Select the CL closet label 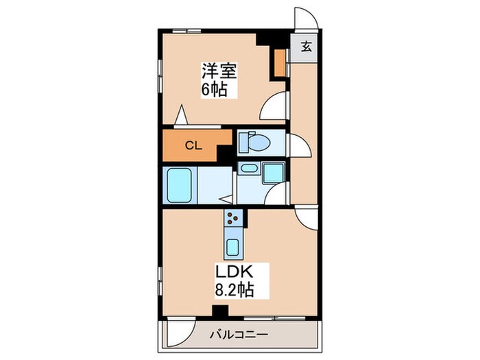(x=194, y=145)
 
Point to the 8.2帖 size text (x=235, y=290)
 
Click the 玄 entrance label (x=306, y=48)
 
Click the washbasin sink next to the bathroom (x=248, y=169)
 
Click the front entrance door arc (x=303, y=20)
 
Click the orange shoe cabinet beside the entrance (x=280, y=62)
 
